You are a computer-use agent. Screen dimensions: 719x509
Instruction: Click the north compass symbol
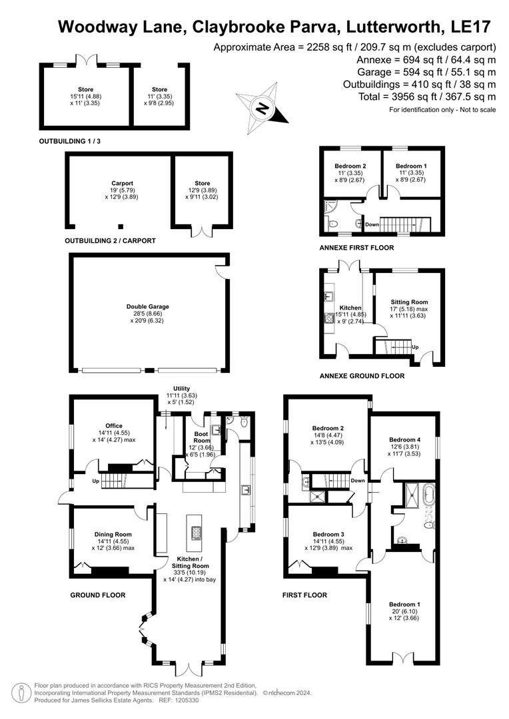(x=263, y=107)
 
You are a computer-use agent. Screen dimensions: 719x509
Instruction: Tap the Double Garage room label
(x=150, y=307)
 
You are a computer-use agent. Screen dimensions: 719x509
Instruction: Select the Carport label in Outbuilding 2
(x=123, y=183)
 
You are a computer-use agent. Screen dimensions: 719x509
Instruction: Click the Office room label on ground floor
(x=114, y=426)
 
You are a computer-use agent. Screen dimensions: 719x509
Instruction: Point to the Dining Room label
(x=114, y=534)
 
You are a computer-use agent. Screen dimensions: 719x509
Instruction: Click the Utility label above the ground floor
(x=177, y=389)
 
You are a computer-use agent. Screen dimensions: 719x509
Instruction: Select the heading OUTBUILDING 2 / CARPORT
(x=110, y=240)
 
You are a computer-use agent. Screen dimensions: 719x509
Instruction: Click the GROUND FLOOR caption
(x=98, y=595)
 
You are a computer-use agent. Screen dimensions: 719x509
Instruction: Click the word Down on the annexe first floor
(x=372, y=225)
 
